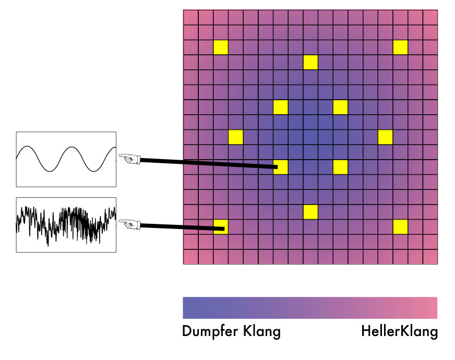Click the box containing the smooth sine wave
pyautogui.click(x=66, y=159)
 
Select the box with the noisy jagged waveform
pyautogui.click(x=66, y=225)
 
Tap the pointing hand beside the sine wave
pyautogui.click(x=130, y=158)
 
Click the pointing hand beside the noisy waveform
pyautogui.click(x=130, y=224)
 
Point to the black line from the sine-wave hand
pyautogui.click(x=209, y=163)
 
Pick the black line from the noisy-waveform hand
pyautogui.click(x=183, y=227)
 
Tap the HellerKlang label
pyautogui.click(x=399, y=331)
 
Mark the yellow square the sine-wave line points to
pyautogui.click(x=281, y=167)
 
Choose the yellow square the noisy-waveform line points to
pyautogui.click(x=221, y=227)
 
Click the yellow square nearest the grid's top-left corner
pyautogui.click(x=221, y=47)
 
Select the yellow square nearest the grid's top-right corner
pyautogui.click(x=400, y=47)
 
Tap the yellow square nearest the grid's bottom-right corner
pyautogui.click(x=400, y=227)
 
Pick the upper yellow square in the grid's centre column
pyautogui.click(x=310, y=62)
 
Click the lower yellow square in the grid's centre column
pyautogui.click(x=310, y=212)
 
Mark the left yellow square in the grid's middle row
pyautogui.click(x=236, y=137)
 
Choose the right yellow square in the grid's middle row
pyautogui.click(x=385, y=137)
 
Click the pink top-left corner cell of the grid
pyautogui.click(x=190, y=17)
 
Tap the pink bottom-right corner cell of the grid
pyautogui.click(x=430, y=257)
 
